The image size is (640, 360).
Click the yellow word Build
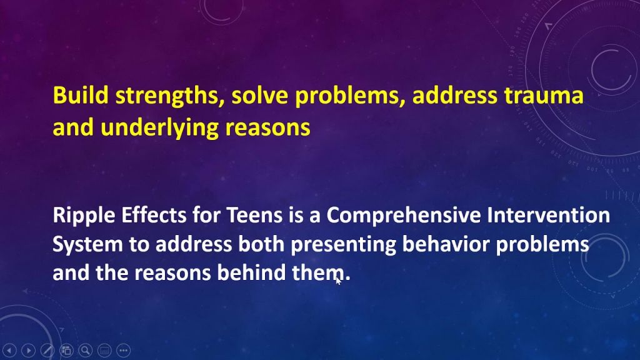click(81, 95)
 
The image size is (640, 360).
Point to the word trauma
click(544, 96)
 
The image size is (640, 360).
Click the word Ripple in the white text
click(84, 216)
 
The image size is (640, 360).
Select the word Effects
click(154, 215)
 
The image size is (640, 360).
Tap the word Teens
click(254, 215)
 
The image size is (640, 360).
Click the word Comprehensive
click(403, 216)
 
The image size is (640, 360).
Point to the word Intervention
click(548, 215)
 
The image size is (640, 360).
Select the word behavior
click(446, 244)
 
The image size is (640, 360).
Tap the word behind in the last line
click(251, 272)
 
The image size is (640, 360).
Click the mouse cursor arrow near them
click(338, 280)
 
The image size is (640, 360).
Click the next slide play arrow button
click(28, 350)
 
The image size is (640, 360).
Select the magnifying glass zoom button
click(85, 350)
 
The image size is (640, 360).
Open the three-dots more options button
click(123, 350)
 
